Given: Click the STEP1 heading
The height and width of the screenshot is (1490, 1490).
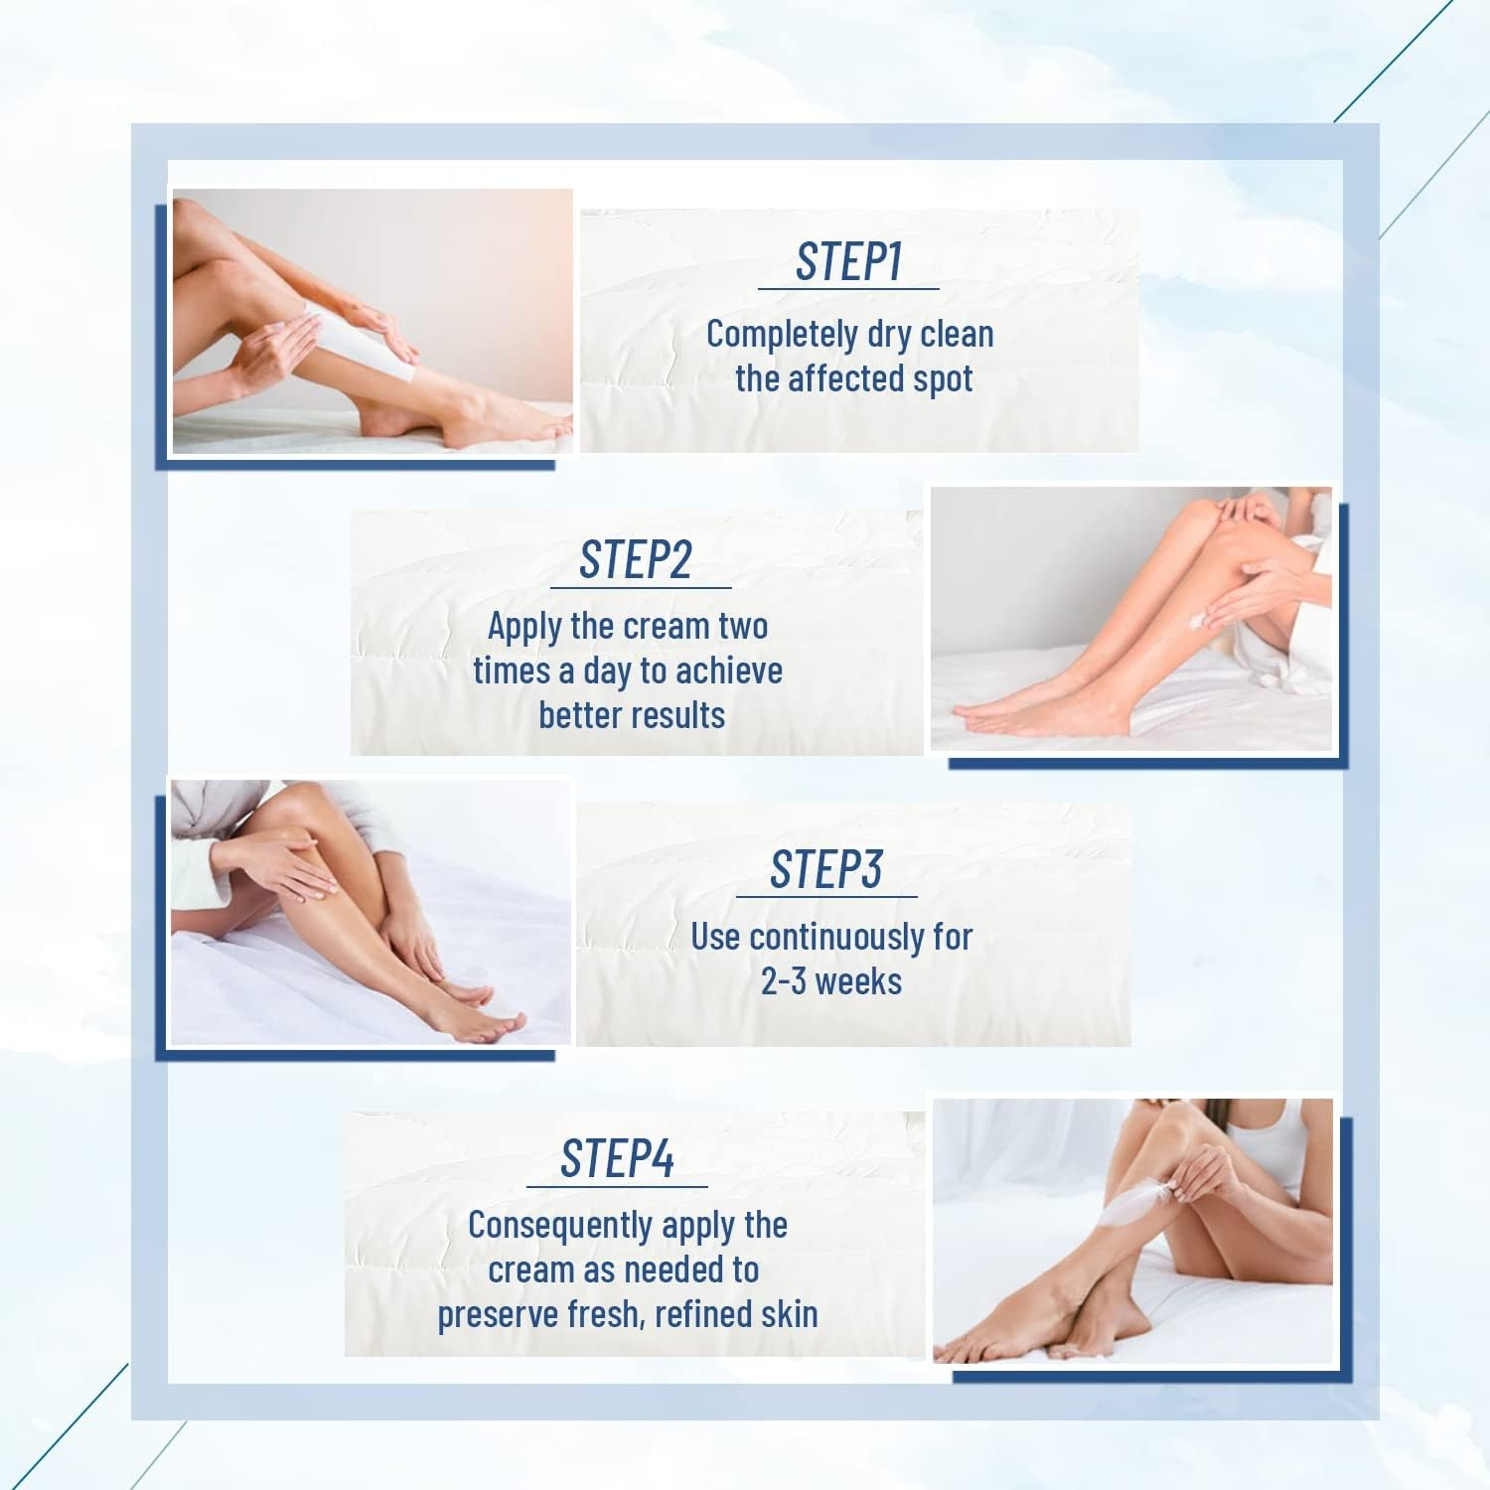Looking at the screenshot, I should (848, 261).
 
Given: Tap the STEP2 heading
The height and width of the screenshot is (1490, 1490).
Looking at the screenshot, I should (636, 560).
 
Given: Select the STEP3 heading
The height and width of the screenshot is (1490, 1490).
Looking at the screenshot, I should (825, 870).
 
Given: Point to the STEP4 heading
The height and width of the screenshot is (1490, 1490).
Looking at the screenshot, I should (617, 1159).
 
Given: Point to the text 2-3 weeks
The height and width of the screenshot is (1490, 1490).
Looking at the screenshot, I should (831, 981).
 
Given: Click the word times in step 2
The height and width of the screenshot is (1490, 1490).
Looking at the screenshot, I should (512, 671).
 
